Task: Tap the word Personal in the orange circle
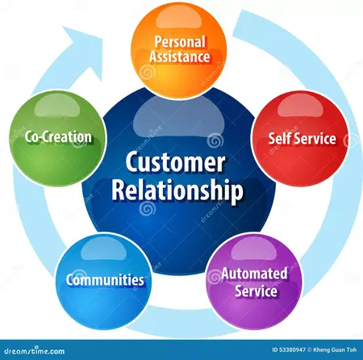coord(181,40)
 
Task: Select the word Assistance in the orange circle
coord(181,57)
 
